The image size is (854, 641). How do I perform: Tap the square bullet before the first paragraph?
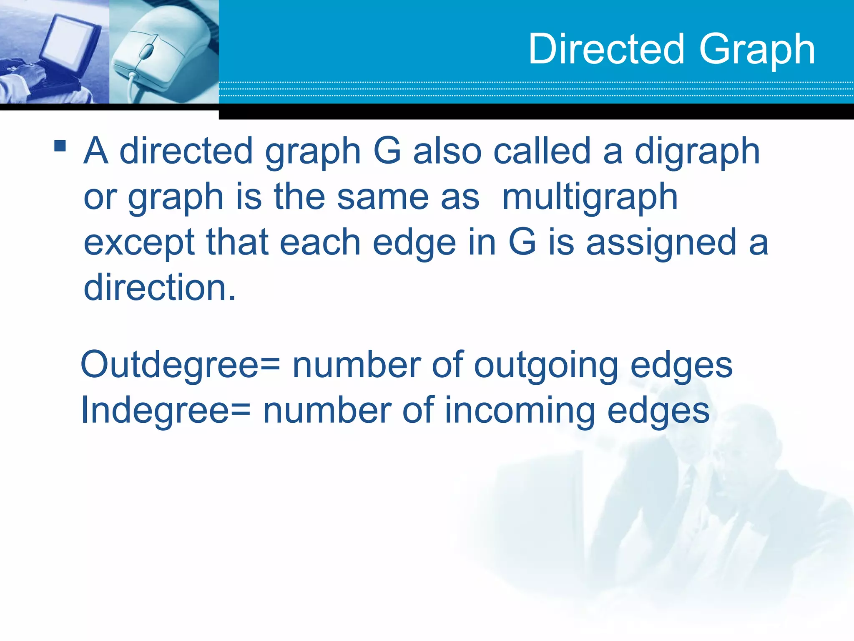tap(60, 146)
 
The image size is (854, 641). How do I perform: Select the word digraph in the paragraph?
tap(697, 152)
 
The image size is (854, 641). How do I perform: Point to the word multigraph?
tap(590, 198)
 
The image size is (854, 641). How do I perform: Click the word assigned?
tap(661, 243)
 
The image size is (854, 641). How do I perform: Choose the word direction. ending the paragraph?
tap(160, 288)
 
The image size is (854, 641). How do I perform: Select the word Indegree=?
tap(166, 411)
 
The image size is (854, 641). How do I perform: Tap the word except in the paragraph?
tap(139, 244)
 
